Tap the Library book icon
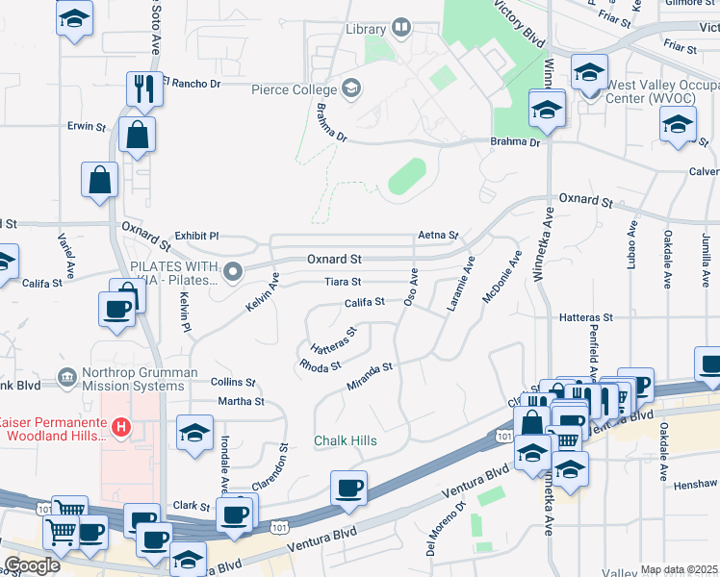click(x=401, y=29)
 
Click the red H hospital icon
click(x=121, y=424)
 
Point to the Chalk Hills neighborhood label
click(x=346, y=440)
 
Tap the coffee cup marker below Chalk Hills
click(x=348, y=487)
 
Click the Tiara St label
click(x=343, y=282)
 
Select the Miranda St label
click(x=370, y=375)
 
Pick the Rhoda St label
click(x=321, y=366)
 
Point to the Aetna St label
click(x=438, y=236)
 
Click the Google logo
click(x=32, y=565)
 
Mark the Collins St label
click(x=232, y=382)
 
